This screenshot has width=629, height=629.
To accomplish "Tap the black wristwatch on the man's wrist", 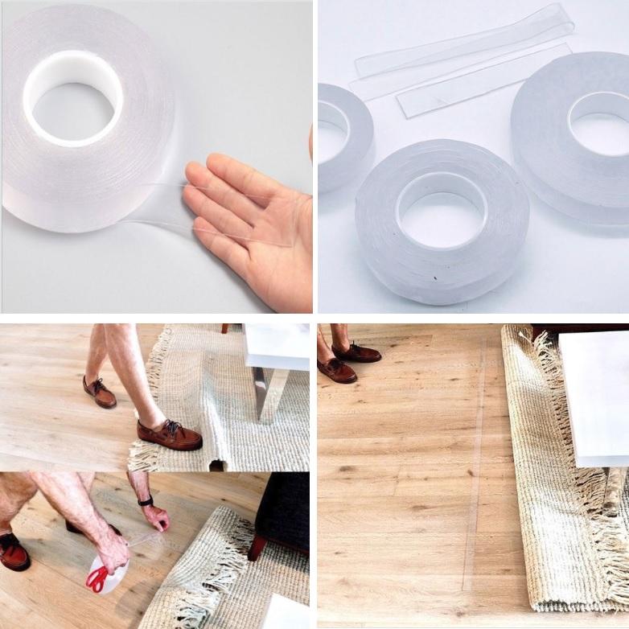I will [x=146, y=501].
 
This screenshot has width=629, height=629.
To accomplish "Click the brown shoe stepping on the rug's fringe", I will [x=169, y=434].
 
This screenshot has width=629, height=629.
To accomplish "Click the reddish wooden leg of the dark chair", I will [x=257, y=547].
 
